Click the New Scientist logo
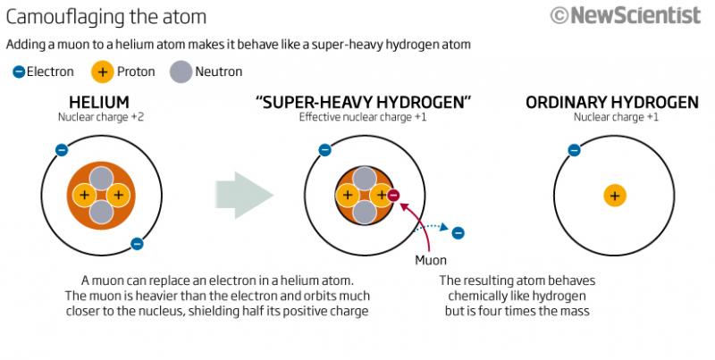point(625,15)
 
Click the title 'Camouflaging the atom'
point(106,17)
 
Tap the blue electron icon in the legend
point(19,71)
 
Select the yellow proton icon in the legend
point(102,71)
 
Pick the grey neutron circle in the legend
point(181,71)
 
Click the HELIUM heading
point(99,102)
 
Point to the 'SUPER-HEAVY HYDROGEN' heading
point(364,102)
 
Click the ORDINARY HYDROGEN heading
point(612,102)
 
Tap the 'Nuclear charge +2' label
point(101,117)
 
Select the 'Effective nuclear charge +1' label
point(363,117)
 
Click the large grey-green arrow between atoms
point(244,195)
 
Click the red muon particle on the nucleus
point(393,196)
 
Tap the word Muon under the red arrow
point(431,260)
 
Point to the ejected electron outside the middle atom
point(458,233)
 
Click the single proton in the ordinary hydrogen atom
point(615,196)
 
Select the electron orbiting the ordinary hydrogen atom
point(574,150)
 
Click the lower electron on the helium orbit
point(137,244)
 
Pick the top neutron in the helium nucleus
point(101,178)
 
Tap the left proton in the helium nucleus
point(84,195)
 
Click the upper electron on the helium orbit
point(62,150)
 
